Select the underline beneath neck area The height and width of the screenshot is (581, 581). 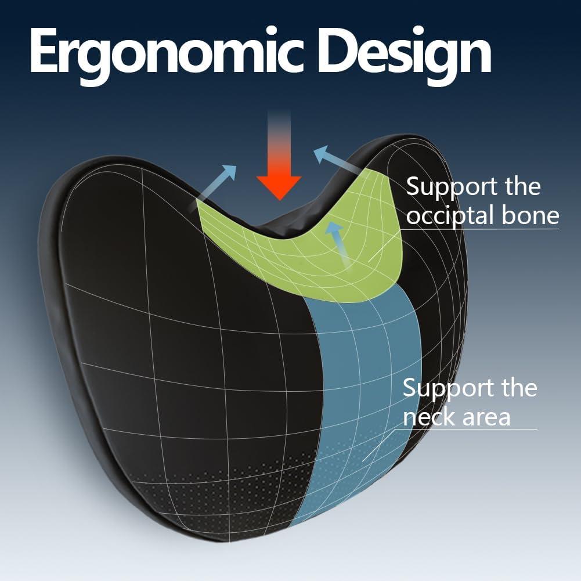[470, 430]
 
